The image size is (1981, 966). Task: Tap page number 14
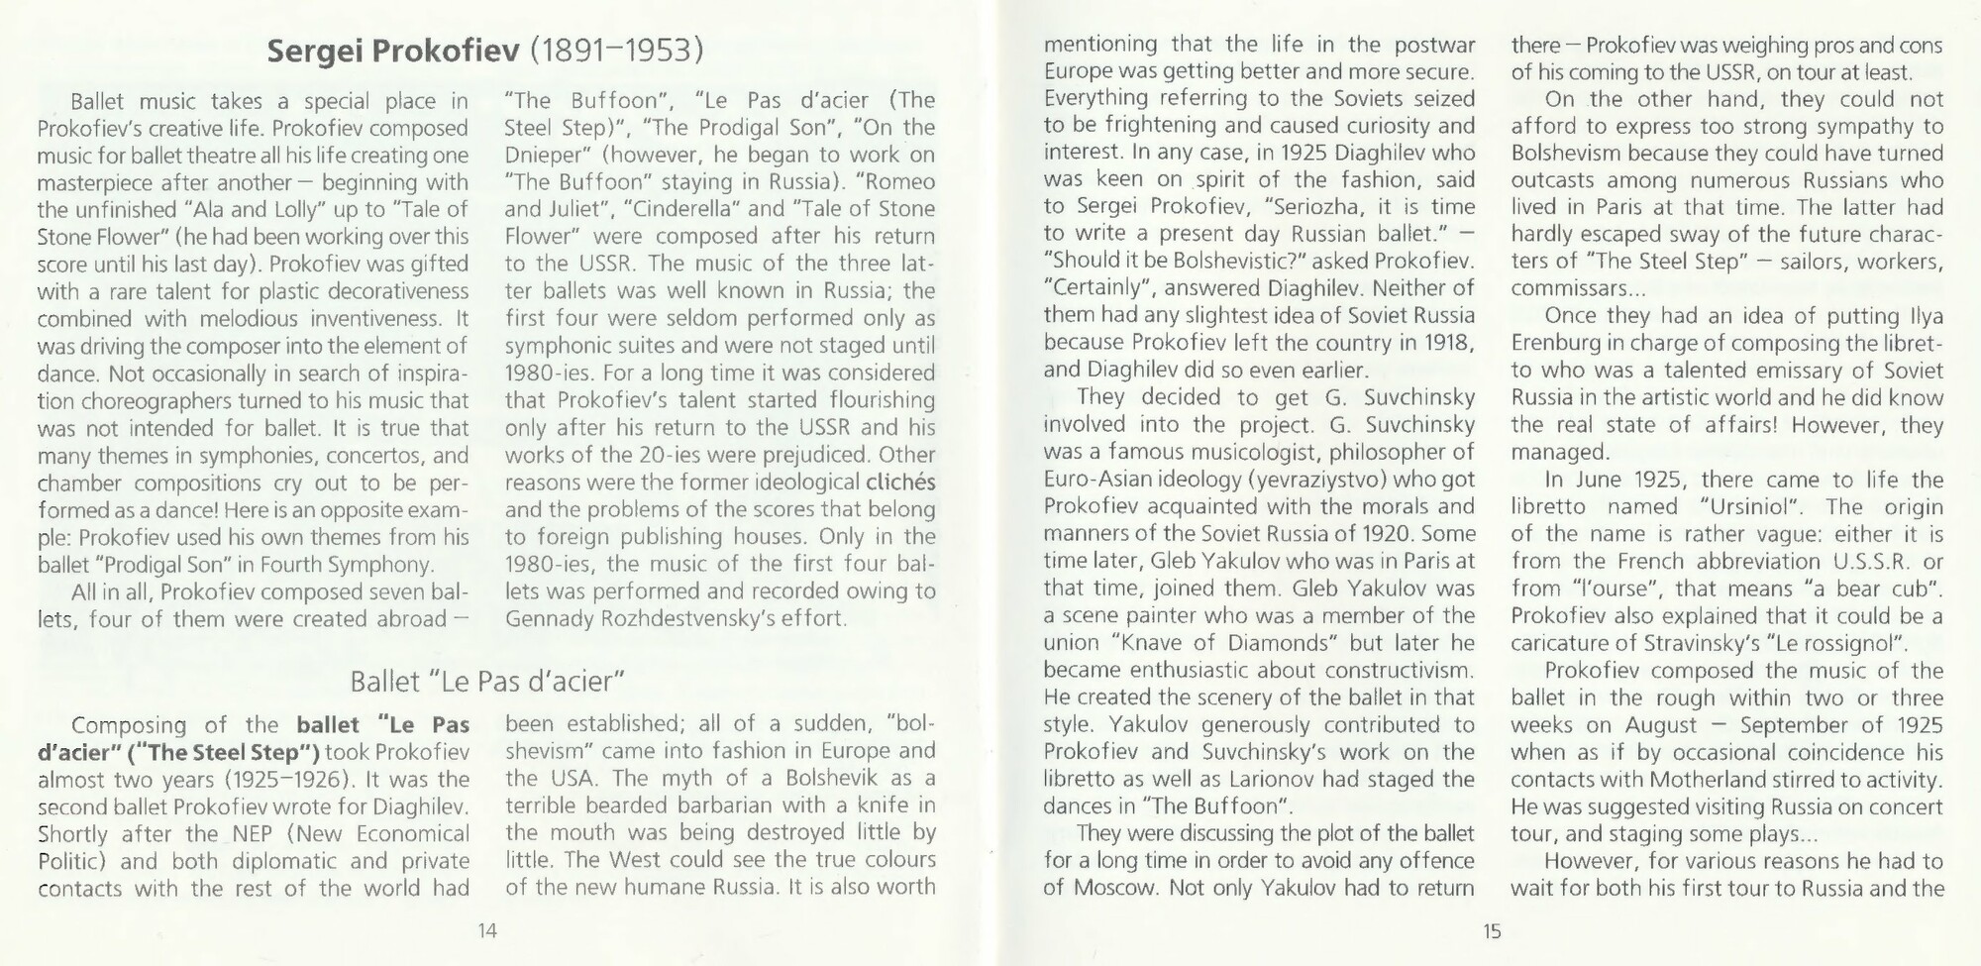coord(486,931)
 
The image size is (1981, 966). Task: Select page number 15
coord(1492,931)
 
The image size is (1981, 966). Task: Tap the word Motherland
coord(1682,780)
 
